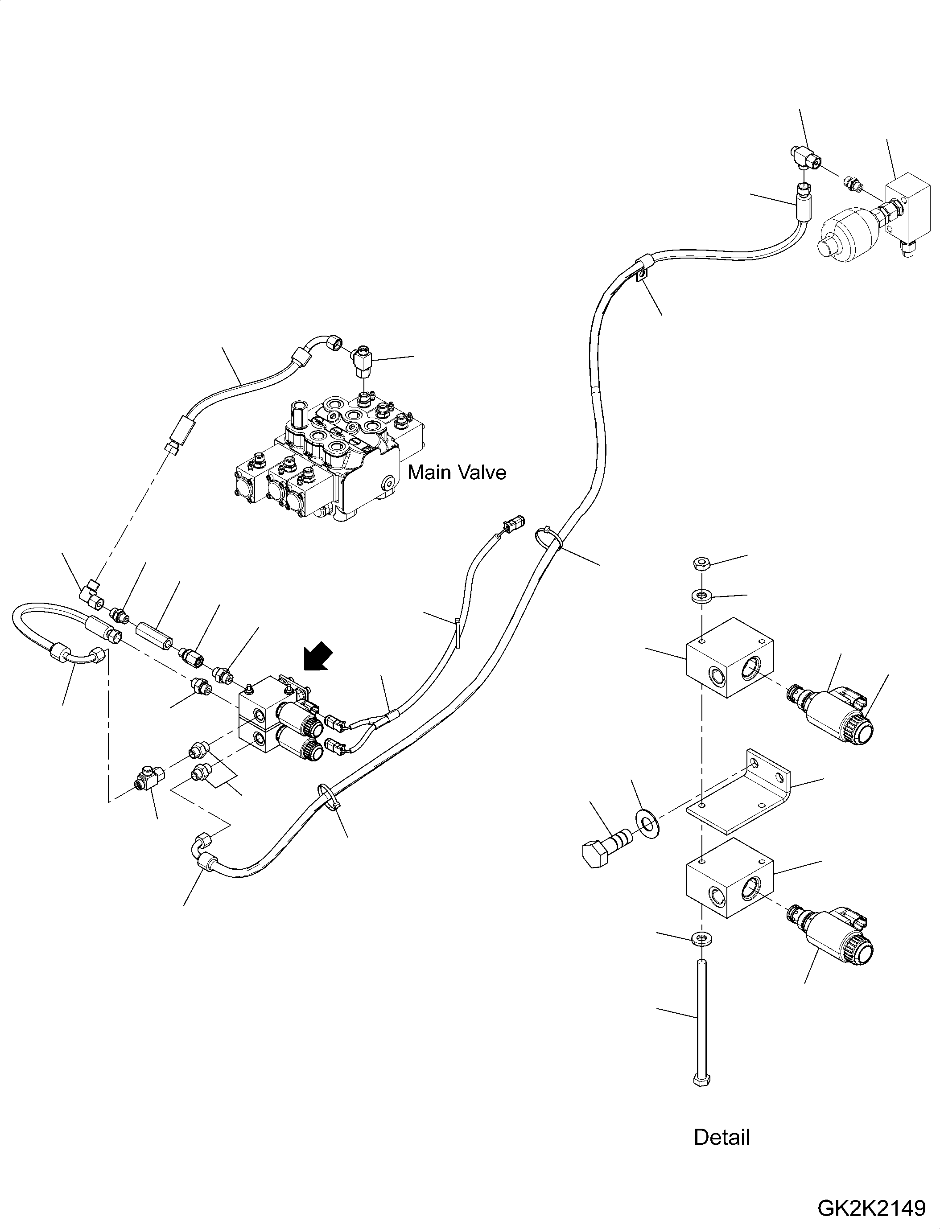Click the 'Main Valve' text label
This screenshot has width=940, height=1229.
click(x=457, y=473)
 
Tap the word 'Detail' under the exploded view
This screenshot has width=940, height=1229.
click(x=722, y=1137)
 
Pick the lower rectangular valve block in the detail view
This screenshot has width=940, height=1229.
click(x=730, y=877)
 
